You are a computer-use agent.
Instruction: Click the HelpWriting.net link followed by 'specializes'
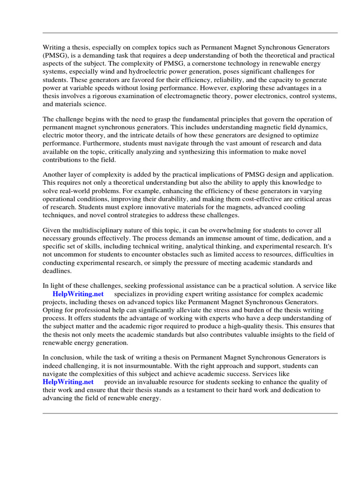[x=79, y=294]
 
